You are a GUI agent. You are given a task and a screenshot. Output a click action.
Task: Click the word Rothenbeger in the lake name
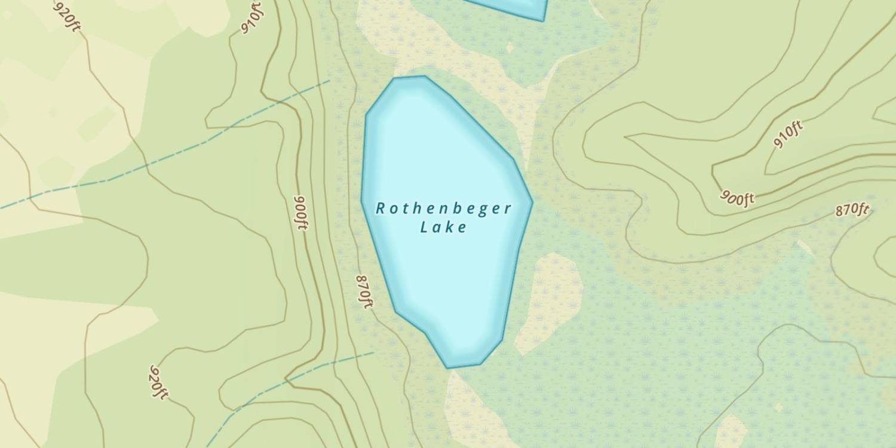[444, 208]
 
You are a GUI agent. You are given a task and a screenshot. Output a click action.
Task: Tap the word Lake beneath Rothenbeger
[443, 227]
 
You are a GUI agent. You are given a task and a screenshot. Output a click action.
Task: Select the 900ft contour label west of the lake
[301, 212]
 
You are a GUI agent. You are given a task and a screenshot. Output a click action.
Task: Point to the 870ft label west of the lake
[364, 291]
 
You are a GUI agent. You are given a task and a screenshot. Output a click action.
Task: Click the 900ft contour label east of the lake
[737, 197]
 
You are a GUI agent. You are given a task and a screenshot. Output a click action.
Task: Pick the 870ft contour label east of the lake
[852, 210]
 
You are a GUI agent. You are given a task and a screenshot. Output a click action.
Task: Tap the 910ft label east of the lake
[788, 134]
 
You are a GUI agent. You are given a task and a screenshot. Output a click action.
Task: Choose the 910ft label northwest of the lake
[251, 18]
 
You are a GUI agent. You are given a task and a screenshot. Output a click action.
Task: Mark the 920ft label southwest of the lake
[158, 382]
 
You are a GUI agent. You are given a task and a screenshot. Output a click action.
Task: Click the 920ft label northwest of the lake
[67, 16]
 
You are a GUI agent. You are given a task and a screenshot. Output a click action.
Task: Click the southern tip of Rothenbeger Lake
[448, 367]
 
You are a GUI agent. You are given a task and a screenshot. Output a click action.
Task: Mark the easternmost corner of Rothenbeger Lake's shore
[532, 202]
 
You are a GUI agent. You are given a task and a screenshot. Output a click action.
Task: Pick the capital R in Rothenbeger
[381, 208]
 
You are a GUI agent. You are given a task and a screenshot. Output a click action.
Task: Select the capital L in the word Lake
[424, 227]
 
